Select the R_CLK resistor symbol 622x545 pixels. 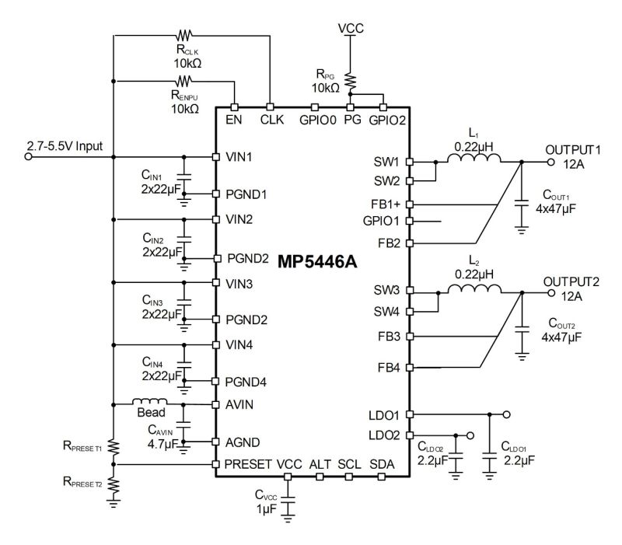(x=184, y=34)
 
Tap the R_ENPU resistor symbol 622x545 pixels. (x=184, y=80)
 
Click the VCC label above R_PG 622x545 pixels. (x=350, y=28)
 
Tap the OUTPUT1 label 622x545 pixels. (x=574, y=149)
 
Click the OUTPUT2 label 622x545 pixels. (x=574, y=281)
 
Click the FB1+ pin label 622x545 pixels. (x=386, y=204)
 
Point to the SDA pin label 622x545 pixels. (x=382, y=465)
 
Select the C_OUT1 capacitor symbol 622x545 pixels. (x=520, y=204)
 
